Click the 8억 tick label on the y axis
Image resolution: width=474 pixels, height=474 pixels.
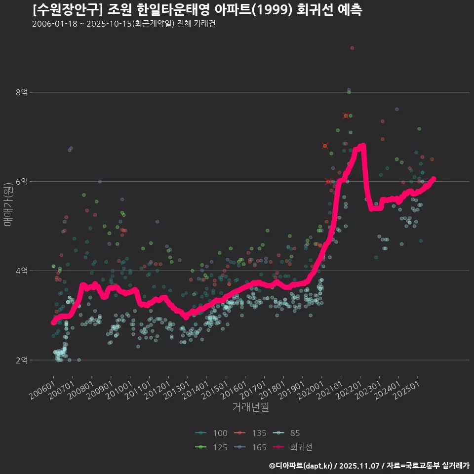point(22,92)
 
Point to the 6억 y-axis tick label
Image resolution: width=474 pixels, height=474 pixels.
point(22,182)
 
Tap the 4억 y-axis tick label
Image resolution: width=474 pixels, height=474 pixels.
point(22,271)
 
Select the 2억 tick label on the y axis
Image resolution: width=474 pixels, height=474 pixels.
point(22,360)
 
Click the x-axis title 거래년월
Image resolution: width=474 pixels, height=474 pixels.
point(250,407)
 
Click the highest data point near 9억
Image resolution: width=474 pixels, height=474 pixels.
point(352,48)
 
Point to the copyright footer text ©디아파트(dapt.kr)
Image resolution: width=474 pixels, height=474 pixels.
point(301,466)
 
